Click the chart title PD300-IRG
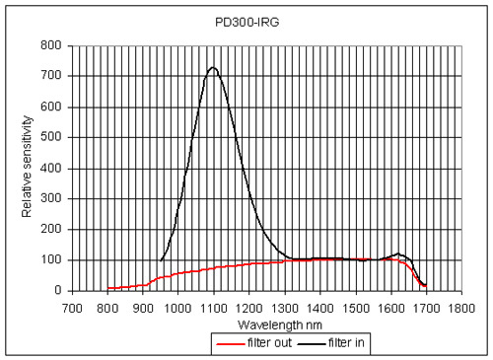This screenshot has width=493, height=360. (257, 20)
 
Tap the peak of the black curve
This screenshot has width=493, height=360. (212, 67)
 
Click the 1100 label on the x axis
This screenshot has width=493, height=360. (213, 307)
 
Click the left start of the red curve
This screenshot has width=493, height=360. (108, 288)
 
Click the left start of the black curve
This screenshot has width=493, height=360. (160, 261)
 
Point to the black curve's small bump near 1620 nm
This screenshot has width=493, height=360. (398, 254)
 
